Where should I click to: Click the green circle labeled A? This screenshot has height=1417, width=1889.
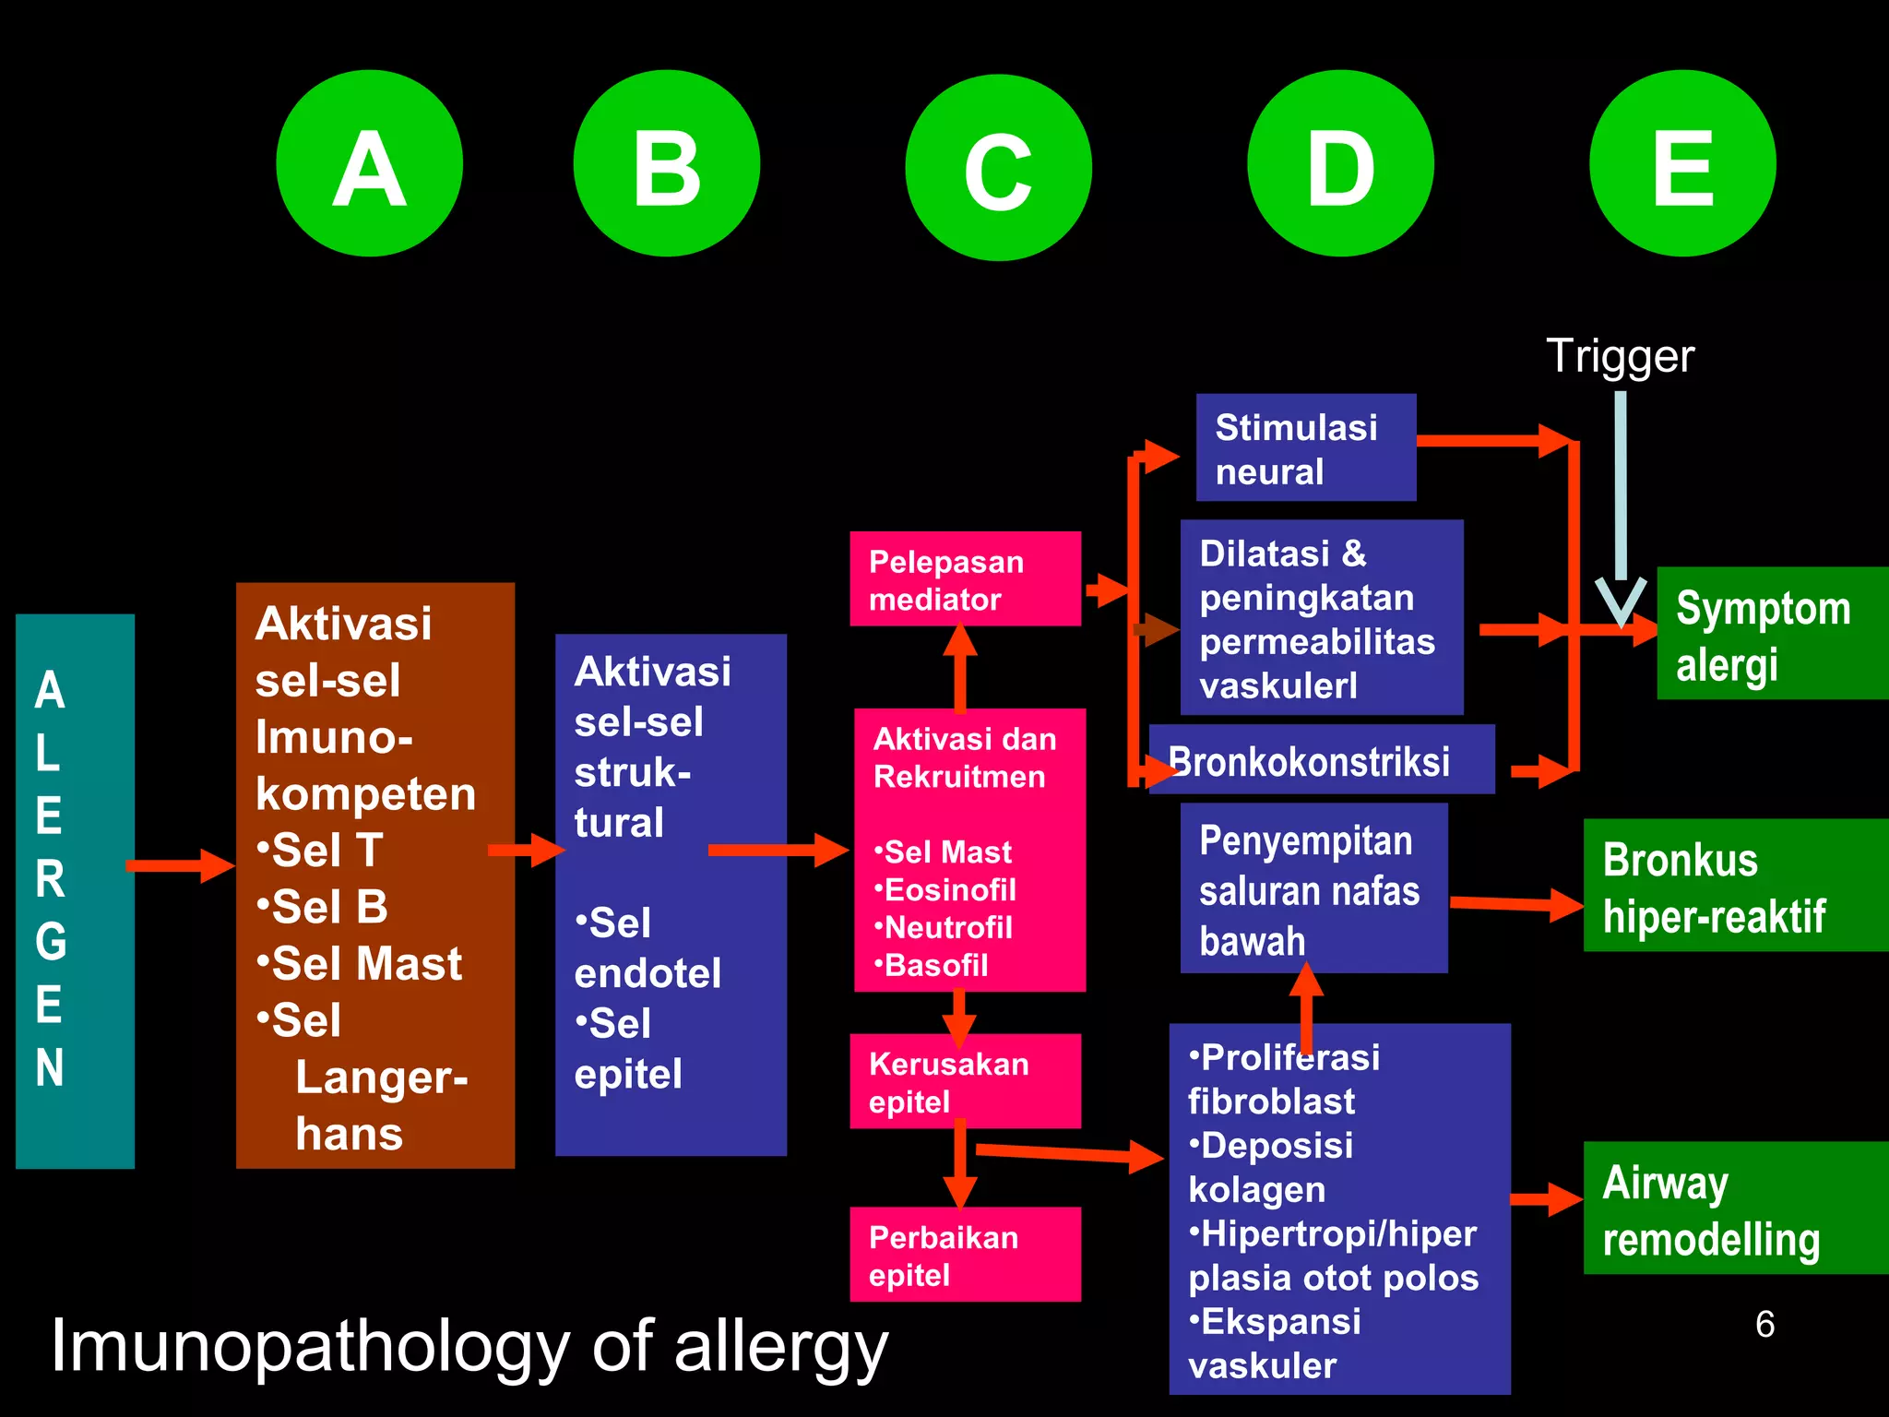click(x=369, y=163)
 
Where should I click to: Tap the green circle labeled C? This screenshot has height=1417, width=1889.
click(x=998, y=167)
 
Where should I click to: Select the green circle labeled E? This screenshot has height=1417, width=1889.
click(x=1682, y=163)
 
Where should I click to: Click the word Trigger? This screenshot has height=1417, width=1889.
click(x=1620, y=356)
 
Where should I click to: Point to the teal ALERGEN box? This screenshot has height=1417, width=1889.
click(x=75, y=890)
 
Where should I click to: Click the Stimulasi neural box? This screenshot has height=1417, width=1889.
click(x=1305, y=448)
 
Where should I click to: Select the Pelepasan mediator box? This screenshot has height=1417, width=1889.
click(x=964, y=579)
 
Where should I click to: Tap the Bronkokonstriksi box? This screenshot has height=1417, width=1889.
click(x=1321, y=761)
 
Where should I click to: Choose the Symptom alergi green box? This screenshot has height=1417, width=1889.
click(x=1771, y=634)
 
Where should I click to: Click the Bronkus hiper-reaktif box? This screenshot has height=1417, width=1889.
click(x=1734, y=886)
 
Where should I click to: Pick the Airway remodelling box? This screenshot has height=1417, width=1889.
click(x=1734, y=1209)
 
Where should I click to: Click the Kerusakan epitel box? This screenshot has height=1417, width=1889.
click(x=964, y=1081)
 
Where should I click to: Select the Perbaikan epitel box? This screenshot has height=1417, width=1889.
click(x=964, y=1255)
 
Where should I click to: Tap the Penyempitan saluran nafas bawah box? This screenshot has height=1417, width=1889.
click(x=1313, y=888)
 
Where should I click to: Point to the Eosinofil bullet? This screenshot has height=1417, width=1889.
click(x=948, y=890)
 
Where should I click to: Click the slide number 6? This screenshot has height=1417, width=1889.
click(x=1764, y=1325)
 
